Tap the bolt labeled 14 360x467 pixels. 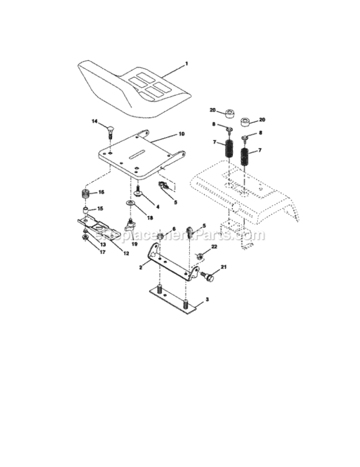click(x=110, y=130)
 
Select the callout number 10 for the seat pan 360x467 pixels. click(x=181, y=134)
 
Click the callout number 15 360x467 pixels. click(x=100, y=209)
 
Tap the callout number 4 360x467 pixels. click(x=158, y=207)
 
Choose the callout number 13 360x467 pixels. click(x=102, y=245)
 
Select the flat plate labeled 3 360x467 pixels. click(x=174, y=300)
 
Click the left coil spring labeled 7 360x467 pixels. click(x=229, y=151)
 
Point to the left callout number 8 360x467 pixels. click(x=214, y=125)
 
